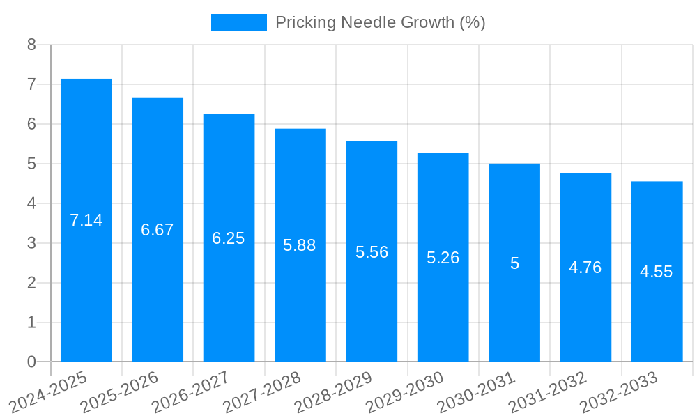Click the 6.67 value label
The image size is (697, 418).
click(158, 230)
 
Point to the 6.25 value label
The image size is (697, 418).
click(229, 238)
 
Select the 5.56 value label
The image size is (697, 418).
click(372, 252)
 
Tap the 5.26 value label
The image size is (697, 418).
click(443, 258)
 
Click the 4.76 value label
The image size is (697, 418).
click(585, 268)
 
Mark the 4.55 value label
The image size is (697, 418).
click(657, 272)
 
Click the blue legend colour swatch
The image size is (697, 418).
click(238, 22)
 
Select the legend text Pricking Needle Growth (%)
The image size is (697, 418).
click(380, 22)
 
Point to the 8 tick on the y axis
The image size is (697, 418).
click(31, 45)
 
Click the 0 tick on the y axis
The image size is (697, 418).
click(31, 362)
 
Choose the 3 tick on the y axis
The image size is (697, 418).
click(31, 243)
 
